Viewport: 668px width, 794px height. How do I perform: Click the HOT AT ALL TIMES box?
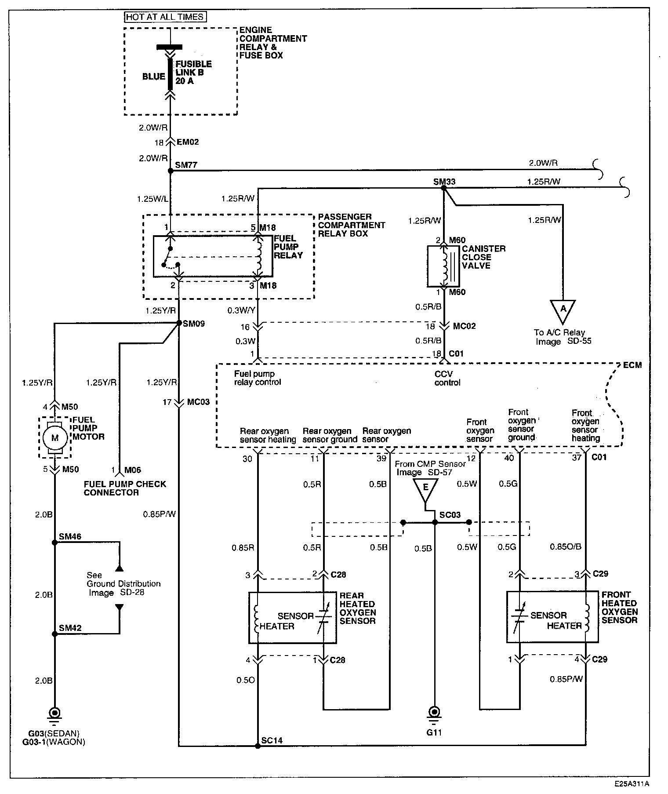165,17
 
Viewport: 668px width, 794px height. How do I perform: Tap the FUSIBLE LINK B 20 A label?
193,73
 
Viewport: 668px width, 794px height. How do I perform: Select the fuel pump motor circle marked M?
54,437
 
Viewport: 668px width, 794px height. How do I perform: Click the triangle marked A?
563,310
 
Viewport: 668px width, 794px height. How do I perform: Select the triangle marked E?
425,489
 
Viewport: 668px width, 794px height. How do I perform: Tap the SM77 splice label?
186,165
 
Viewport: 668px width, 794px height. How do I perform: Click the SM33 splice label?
444,182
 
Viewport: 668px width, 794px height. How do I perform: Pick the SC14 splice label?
272,741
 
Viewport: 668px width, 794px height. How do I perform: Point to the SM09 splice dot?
179,323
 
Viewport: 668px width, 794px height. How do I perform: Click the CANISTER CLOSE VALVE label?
483,257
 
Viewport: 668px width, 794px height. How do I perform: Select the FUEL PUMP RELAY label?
288,247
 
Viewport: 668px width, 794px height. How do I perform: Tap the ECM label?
632,365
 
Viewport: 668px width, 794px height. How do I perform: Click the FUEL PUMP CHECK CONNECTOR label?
125,488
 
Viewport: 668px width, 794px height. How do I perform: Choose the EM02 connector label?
188,142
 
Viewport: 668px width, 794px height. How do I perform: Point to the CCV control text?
447,378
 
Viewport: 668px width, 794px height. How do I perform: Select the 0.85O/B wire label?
566,547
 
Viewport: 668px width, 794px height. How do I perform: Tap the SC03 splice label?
450,515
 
